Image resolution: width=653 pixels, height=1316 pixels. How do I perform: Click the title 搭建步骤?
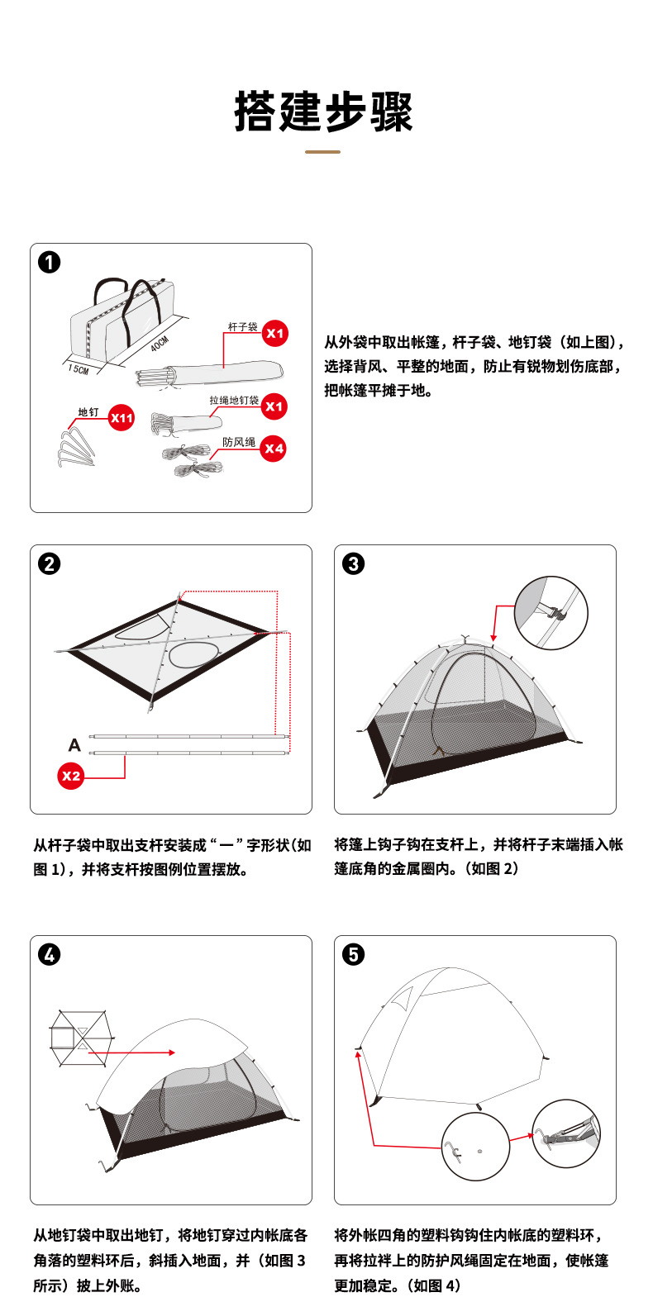(x=323, y=112)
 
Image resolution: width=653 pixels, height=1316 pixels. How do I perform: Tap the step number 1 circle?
(x=50, y=263)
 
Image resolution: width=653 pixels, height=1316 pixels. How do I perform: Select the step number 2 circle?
(x=50, y=564)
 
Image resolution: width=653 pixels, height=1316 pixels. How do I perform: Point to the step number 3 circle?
(x=354, y=564)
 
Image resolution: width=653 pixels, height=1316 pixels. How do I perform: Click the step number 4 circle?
(x=50, y=955)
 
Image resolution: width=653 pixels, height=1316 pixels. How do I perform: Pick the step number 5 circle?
(x=354, y=955)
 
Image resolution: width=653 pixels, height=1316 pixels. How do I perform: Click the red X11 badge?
(x=122, y=418)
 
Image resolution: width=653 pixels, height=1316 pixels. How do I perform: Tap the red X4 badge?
(x=274, y=449)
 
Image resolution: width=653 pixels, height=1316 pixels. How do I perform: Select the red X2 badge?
(x=71, y=776)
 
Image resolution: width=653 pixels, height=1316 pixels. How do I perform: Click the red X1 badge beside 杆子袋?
(x=274, y=334)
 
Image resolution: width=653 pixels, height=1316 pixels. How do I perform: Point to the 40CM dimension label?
(x=160, y=344)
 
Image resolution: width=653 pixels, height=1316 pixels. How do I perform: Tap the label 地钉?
(x=88, y=411)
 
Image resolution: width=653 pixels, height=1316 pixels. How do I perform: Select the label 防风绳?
(x=239, y=442)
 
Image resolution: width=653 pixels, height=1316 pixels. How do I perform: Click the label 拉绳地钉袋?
(x=234, y=400)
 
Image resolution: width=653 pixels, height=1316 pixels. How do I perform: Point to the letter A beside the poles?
(x=74, y=745)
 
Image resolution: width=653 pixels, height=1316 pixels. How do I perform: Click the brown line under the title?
(x=322, y=152)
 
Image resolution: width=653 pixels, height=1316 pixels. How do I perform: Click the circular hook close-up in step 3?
(x=551, y=613)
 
